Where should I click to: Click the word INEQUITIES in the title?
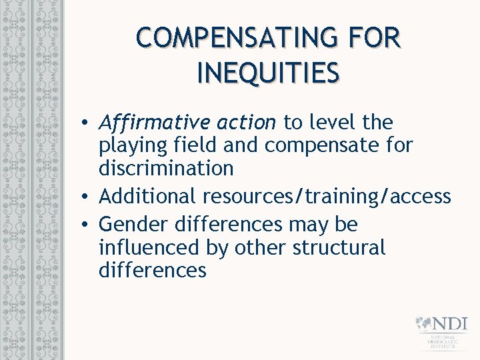tap(268, 73)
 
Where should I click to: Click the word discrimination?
tap(166, 168)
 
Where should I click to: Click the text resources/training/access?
tap(327, 197)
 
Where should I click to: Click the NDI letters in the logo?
tap(450, 324)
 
